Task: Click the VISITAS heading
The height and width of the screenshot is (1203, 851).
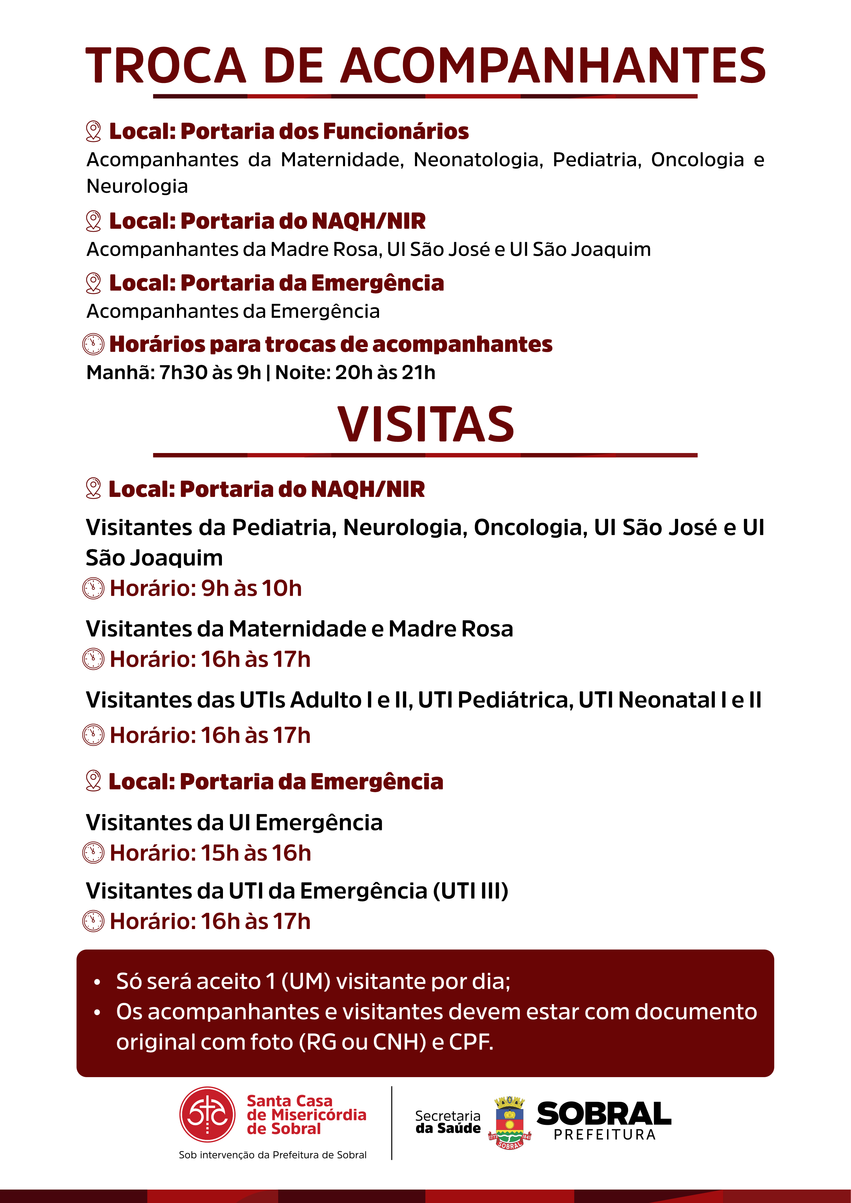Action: (x=425, y=425)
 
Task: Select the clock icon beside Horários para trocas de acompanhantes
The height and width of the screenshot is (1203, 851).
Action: (x=93, y=344)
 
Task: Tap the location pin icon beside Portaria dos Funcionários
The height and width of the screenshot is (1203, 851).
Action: (x=93, y=131)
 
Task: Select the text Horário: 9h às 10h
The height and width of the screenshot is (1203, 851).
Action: (x=205, y=588)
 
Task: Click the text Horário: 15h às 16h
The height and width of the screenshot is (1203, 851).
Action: (x=210, y=853)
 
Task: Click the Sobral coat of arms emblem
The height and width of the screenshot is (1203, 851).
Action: (x=509, y=1122)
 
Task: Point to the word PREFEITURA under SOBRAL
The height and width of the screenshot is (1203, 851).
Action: (x=605, y=1135)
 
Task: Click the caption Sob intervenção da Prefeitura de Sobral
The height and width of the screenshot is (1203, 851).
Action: (x=272, y=1155)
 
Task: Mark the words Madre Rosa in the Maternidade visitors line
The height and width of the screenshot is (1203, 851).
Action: (x=451, y=629)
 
